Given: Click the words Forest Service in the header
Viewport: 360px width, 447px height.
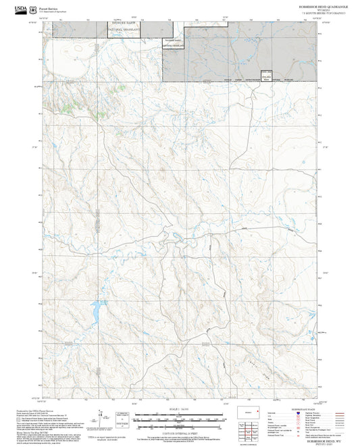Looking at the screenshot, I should [x=49, y=7].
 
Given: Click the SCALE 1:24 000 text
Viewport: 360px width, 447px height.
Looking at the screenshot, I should [x=179, y=409].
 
